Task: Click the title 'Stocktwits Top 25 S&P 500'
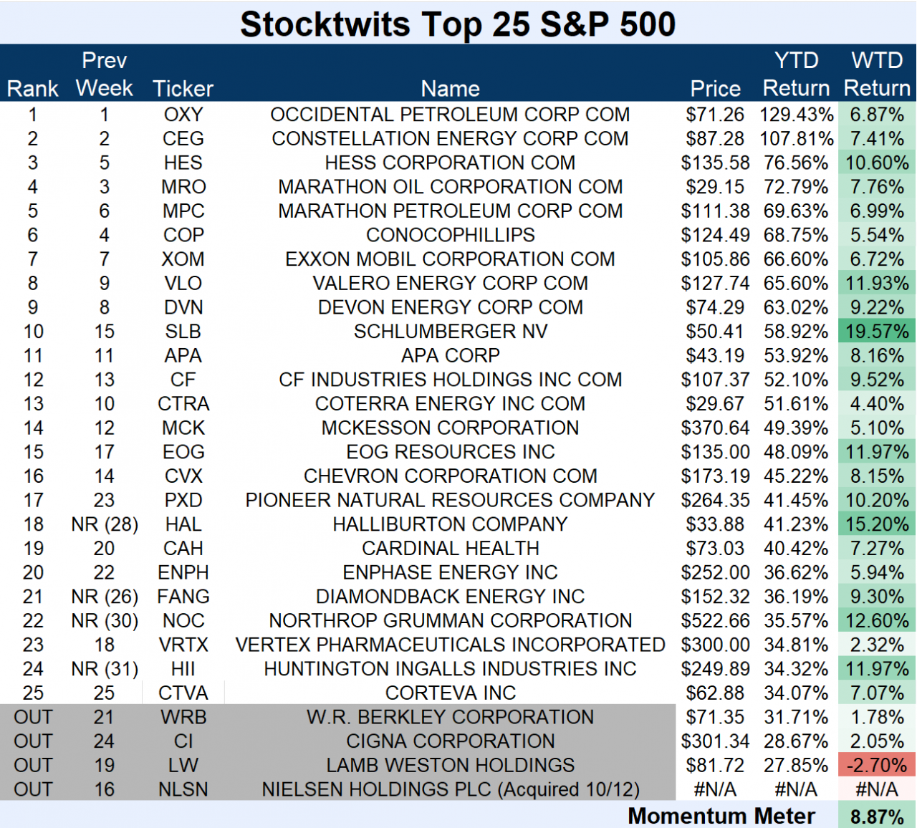[458, 24]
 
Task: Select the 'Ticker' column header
[183, 88]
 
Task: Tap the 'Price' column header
[715, 88]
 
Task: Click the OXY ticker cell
[183, 115]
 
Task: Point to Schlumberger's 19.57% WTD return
[877, 332]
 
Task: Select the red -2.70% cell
[877, 765]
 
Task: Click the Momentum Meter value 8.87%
[877, 817]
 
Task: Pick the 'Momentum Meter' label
[721, 816]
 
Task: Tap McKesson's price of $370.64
[715, 428]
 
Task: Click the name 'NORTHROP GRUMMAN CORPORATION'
[450, 620]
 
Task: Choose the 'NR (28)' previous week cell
[105, 524]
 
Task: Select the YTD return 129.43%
[796, 115]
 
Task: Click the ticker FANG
[183, 597]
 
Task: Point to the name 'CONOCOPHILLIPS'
[450, 235]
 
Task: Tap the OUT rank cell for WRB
[33, 717]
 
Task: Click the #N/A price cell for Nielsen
[715, 789]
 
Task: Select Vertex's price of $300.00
[715, 645]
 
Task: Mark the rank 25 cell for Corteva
[33, 693]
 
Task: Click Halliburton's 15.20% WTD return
[877, 524]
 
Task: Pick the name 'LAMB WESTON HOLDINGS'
[450, 765]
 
